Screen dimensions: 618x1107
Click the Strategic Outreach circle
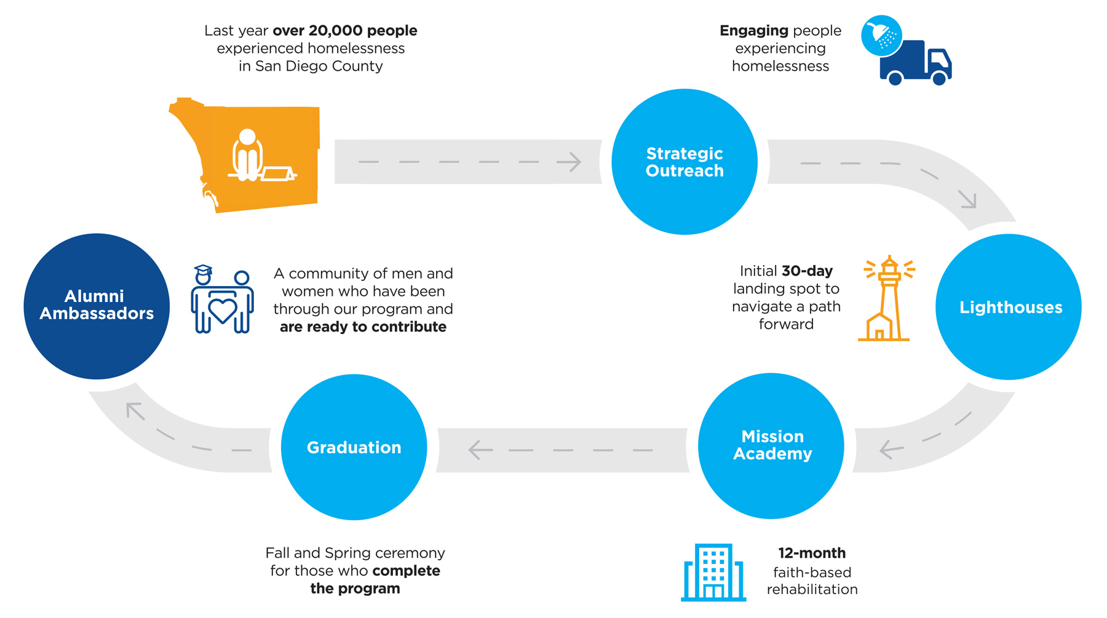(684, 162)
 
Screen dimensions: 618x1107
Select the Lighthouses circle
(1008, 307)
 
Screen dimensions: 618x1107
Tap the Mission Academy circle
(771, 446)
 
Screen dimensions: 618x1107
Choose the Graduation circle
(354, 447)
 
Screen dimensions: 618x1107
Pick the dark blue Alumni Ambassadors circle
(97, 306)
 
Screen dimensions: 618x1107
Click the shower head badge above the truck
(881, 36)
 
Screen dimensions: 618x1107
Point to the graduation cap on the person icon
(203, 269)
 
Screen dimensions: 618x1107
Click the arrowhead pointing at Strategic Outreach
(571, 162)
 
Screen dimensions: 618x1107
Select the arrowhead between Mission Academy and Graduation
(478, 450)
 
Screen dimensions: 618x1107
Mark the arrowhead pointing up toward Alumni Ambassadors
(133, 410)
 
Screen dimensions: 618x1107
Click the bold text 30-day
(807, 271)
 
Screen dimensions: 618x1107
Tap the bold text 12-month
(812, 553)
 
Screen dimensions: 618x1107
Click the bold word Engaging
(754, 31)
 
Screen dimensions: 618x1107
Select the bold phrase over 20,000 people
(345, 31)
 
